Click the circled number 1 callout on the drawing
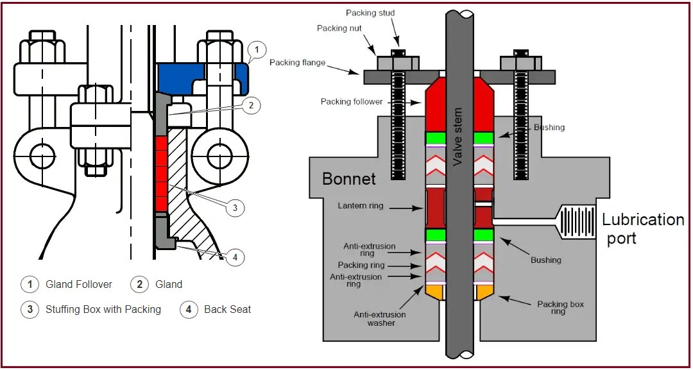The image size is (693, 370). coord(256,49)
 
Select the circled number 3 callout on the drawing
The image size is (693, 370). coord(235,207)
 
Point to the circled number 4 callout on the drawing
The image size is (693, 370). coord(235,258)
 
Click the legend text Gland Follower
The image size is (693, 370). coord(78,284)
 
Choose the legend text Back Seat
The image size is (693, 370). coord(227,309)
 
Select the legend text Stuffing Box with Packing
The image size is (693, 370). coord(103,309)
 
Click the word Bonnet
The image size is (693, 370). coord(349,178)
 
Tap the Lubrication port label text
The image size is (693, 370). coord(642,229)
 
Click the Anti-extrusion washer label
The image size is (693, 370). coord(379,319)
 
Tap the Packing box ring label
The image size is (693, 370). coord(560,308)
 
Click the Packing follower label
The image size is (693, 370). coord(352,101)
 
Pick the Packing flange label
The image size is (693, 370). coord(297,62)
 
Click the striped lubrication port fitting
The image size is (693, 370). coord(577,222)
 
